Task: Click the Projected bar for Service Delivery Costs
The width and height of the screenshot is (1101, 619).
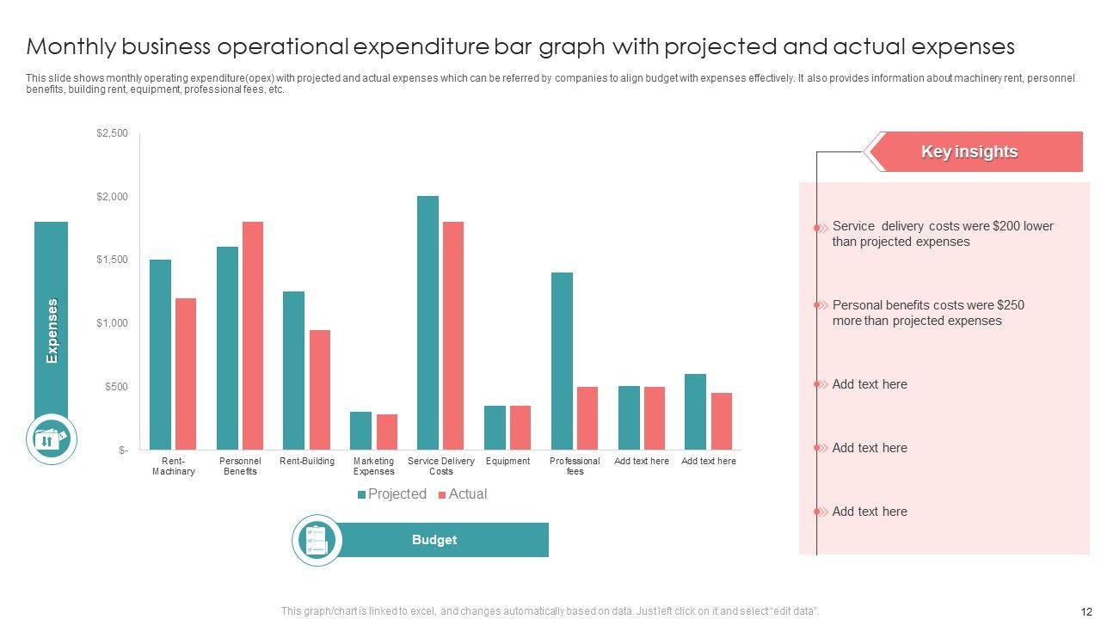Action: click(x=427, y=322)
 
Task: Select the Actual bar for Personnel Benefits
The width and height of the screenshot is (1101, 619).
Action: click(x=253, y=335)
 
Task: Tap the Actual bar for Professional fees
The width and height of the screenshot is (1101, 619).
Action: click(x=587, y=418)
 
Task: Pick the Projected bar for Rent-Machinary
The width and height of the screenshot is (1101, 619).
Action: click(x=160, y=354)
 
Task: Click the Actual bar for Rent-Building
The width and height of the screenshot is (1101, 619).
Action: click(x=320, y=389)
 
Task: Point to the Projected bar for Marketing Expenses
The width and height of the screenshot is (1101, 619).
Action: click(x=360, y=430)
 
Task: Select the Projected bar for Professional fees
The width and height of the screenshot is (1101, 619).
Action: click(x=562, y=361)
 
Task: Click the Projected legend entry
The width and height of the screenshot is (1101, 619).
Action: click(x=392, y=494)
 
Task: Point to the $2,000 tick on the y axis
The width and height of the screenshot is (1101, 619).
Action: click(x=113, y=197)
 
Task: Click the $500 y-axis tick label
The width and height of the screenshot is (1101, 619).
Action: click(x=116, y=387)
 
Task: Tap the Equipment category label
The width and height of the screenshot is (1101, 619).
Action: click(x=507, y=462)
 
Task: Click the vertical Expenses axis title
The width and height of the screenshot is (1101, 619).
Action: click(x=52, y=331)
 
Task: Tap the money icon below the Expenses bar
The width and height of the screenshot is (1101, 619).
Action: click(x=51, y=439)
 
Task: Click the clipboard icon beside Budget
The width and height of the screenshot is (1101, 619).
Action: click(x=317, y=540)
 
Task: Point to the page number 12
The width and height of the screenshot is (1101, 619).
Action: click(x=1085, y=611)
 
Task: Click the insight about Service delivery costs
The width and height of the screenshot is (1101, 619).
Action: click(x=941, y=234)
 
